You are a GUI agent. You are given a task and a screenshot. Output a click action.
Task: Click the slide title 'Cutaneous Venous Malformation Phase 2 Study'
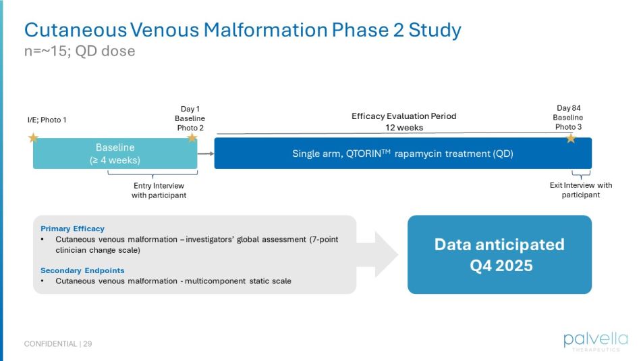click(x=243, y=30)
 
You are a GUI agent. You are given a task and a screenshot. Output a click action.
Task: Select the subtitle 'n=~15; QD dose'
click(x=80, y=51)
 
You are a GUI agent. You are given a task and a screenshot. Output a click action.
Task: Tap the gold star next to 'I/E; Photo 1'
click(x=33, y=138)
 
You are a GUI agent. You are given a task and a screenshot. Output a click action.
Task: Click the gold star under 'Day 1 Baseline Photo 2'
click(x=192, y=138)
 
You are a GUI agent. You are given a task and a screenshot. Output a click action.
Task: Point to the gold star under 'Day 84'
click(x=571, y=138)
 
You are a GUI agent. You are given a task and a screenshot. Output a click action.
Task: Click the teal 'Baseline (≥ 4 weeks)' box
click(x=115, y=153)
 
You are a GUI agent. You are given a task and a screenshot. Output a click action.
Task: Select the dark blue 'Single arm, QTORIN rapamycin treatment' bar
click(x=403, y=153)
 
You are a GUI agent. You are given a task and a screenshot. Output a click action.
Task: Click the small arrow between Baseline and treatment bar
click(x=206, y=153)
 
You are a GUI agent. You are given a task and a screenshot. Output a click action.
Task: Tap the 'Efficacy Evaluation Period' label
click(x=404, y=116)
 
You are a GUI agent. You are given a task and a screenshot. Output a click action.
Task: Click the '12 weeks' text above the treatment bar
click(x=404, y=127)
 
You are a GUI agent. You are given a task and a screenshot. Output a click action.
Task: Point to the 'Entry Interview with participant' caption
click(x=159, y=190)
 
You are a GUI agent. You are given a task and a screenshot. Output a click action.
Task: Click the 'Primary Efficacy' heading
click(x=72, y=228)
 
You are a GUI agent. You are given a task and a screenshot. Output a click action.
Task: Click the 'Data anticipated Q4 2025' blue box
click(x=499, y=254)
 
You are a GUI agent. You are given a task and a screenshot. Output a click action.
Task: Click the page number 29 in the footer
click(x=88, y=344)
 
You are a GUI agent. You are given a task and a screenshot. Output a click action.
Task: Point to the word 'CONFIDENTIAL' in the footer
click(x=50, y=344)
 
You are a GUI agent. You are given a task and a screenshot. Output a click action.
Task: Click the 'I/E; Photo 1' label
click(x=47, y=120)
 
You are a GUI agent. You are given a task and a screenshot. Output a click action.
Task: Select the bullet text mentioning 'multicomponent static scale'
click(x=173, y=281)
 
